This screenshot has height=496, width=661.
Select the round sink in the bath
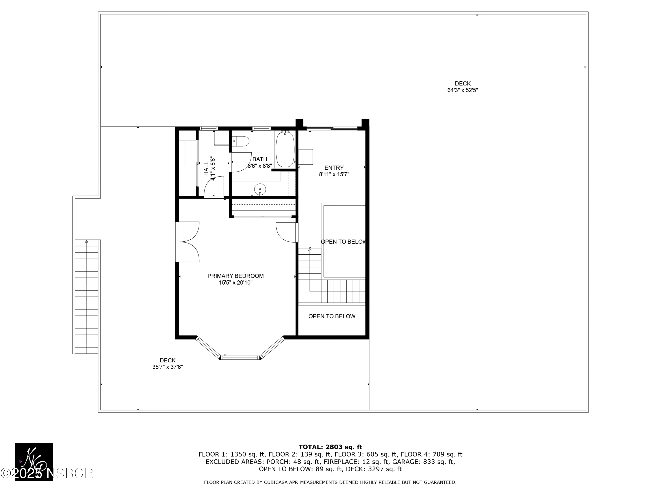pos(260,189)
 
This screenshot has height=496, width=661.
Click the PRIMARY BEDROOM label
pos(236,276)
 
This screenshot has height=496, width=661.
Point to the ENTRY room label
pos(334,168)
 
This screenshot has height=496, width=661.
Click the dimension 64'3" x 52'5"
pos(462,90)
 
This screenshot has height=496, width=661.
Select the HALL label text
pos(206,169)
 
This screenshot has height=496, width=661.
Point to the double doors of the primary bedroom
pos(188,242)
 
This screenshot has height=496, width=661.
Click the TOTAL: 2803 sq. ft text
pos(330,447)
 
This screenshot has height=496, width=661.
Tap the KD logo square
pos(34,462)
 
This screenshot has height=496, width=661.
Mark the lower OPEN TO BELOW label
pos(332,316)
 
